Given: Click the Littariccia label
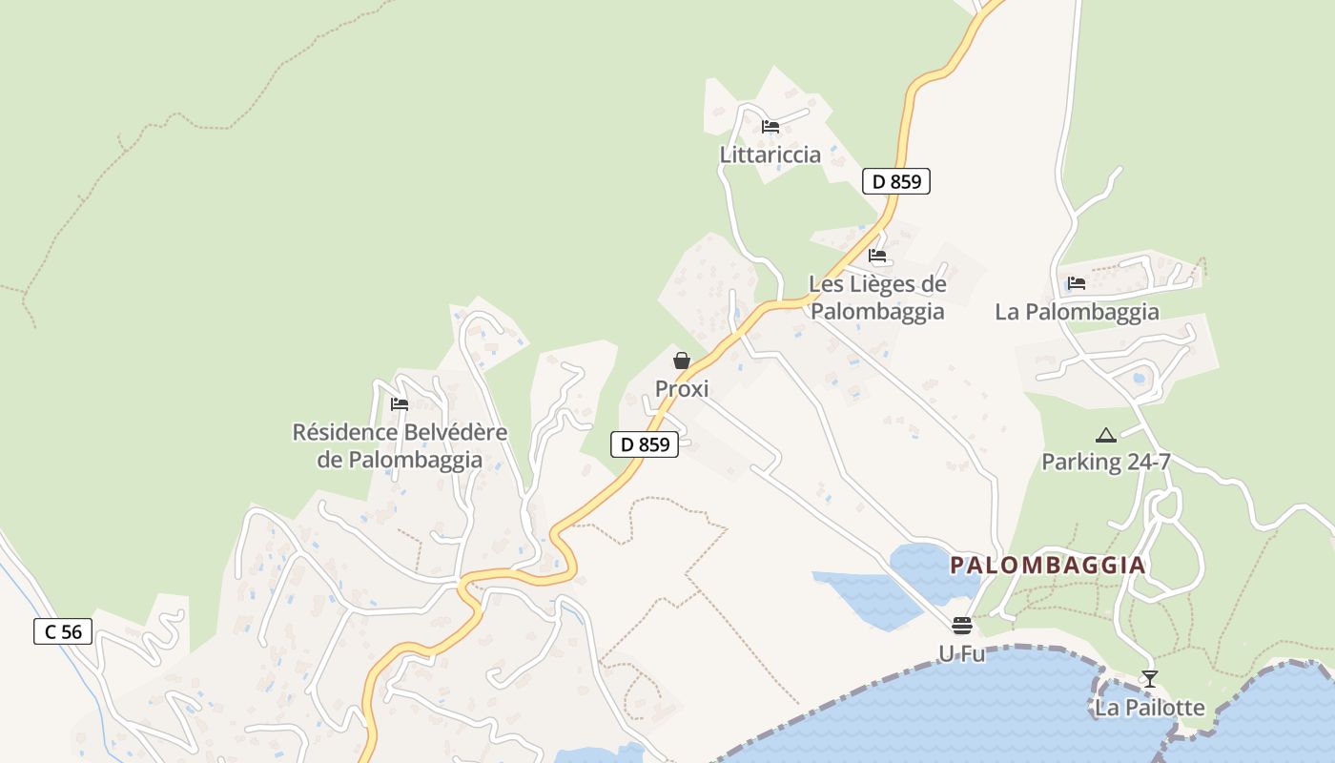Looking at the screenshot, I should click(770, 155).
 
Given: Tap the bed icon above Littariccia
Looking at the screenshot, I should click(770, 126).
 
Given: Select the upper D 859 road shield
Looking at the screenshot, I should click(895, 181).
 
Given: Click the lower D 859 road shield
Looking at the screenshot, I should click(645, 443).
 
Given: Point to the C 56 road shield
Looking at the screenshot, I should click(63, 630).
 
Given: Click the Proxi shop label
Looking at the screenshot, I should click(682, 389).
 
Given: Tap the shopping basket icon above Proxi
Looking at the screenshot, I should click(682, 361).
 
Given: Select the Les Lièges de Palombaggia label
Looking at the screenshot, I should click(877, 298).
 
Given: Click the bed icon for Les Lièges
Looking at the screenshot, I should click(877, 256).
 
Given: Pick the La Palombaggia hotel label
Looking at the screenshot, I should click(1077, 312).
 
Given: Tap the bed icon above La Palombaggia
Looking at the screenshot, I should click(1077, 283).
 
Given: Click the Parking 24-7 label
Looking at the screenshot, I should click(1105, 463).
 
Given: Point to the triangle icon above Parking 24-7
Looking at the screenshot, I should click(1105, 436).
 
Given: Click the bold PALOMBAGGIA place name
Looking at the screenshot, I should click(1048, 566).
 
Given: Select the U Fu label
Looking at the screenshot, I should click(961, 654).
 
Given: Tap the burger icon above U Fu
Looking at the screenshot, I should click(961, 626).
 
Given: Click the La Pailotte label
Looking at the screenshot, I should click(1149, 708).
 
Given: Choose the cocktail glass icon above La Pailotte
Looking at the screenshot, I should click(1149, 679).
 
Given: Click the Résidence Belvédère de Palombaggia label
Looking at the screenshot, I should click(400, 445).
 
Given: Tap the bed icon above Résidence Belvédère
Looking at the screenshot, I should click(400, 404).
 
